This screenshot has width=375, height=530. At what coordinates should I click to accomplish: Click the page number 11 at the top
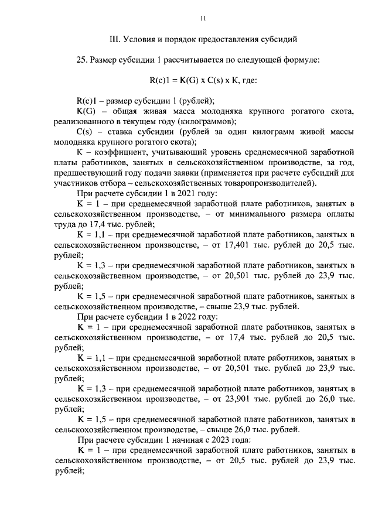(202, 19)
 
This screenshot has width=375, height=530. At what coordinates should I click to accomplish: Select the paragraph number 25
(82, 60)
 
